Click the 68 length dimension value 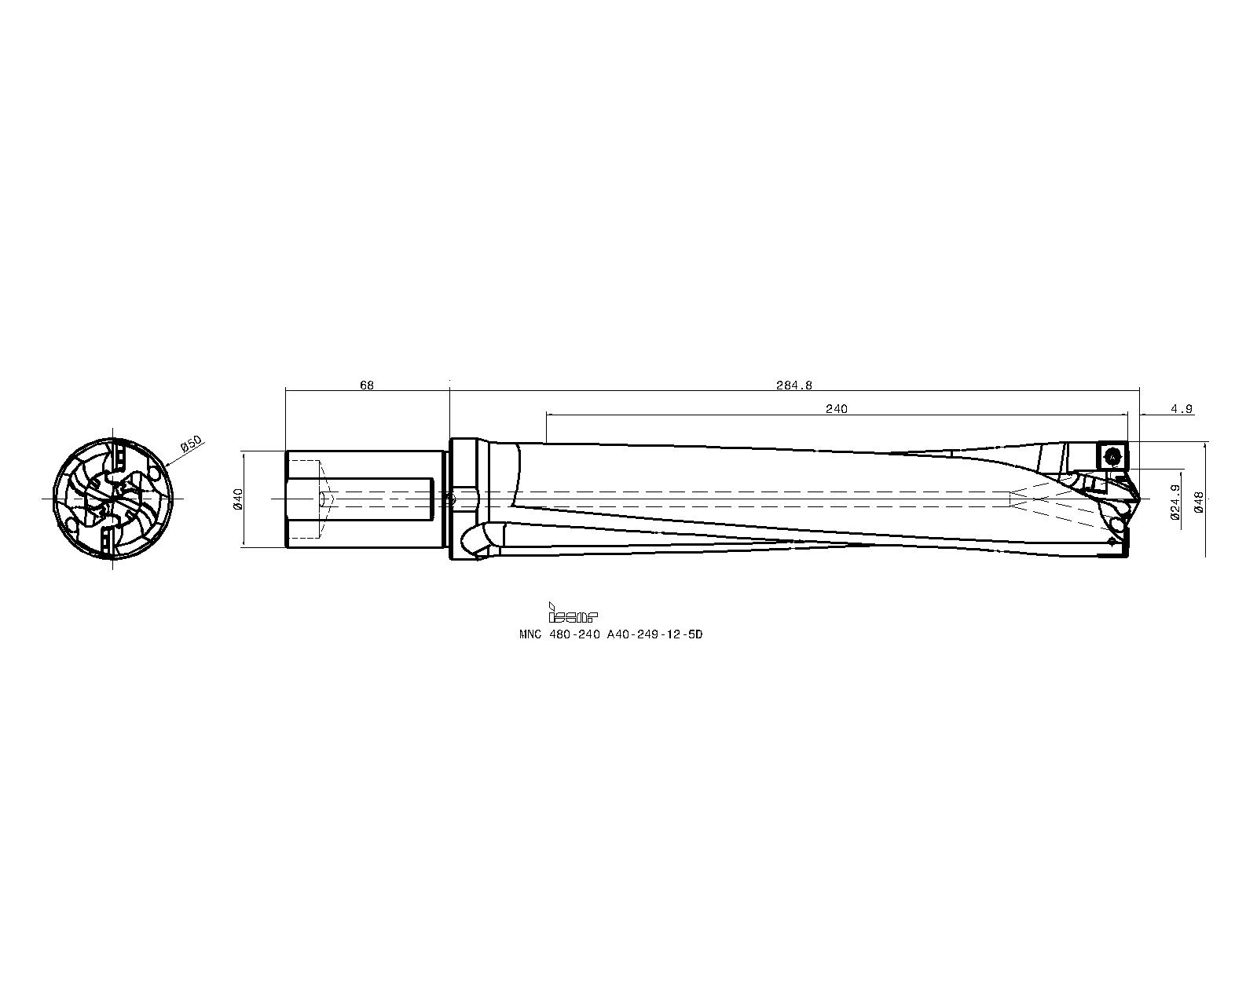367,385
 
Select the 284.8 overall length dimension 794,385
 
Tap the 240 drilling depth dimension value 837,408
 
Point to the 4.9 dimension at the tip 1181,408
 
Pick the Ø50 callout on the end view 192,445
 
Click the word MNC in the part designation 530,634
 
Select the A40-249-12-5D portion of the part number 653,634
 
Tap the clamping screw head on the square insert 1113,455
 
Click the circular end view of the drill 113,499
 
